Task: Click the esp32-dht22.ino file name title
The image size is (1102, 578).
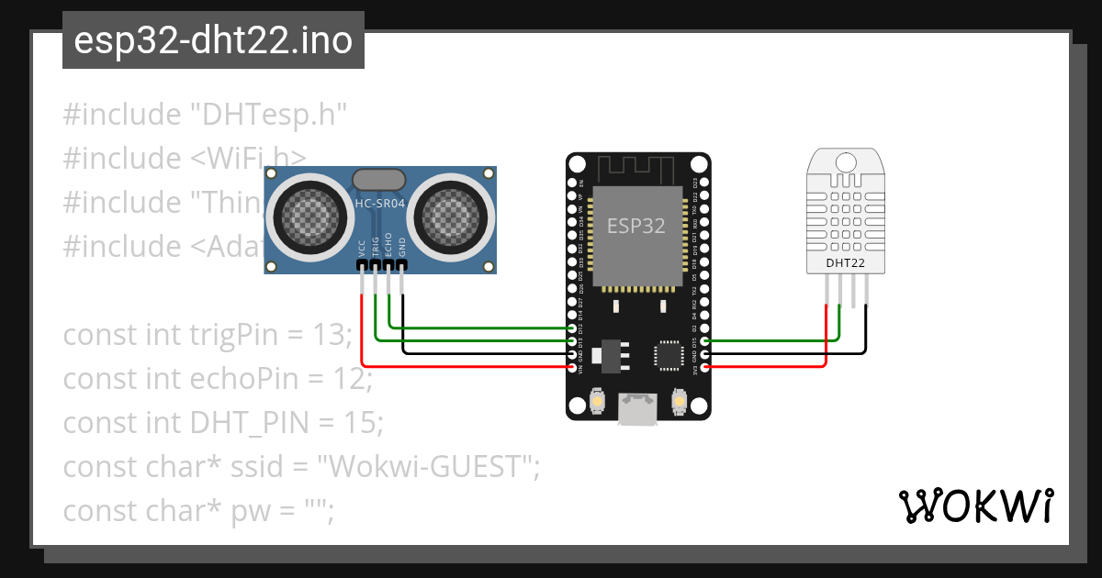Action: [213, 40]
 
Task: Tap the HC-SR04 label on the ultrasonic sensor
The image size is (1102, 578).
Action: [380, 203]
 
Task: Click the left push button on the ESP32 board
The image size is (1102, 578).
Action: [597, 402]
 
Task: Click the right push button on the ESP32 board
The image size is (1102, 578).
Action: [680, 402]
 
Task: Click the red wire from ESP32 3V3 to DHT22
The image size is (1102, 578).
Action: [781, 366]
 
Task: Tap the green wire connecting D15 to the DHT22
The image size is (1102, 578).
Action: [781, 340]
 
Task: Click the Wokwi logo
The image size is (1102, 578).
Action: [975, 506]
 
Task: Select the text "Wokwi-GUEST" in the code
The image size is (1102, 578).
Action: [427, 468]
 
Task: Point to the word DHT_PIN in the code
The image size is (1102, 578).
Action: [247, 424]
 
